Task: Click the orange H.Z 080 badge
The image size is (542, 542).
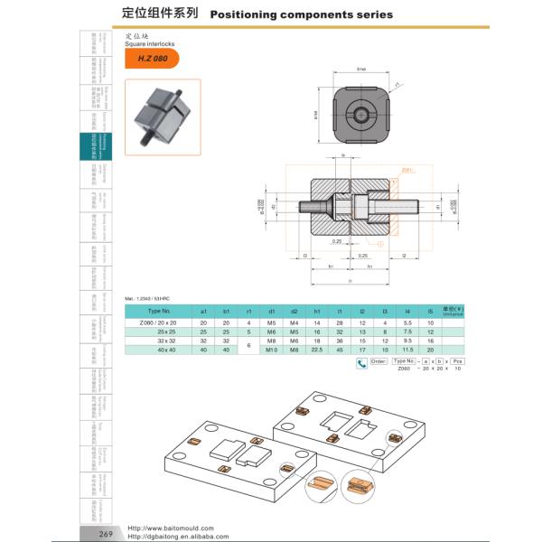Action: [153, 59]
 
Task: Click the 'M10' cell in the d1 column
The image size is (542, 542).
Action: [271, 350]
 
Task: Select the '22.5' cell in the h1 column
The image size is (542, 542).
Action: [317, 350]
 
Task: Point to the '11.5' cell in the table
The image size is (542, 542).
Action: [408, 350]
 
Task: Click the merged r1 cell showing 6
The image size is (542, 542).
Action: [248, 345]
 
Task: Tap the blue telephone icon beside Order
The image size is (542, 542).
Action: [362, 364]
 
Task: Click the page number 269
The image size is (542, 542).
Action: [107, 534]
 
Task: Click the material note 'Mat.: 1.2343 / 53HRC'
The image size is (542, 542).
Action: [147, 298]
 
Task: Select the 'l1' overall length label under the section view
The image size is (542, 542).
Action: [349, 282]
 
